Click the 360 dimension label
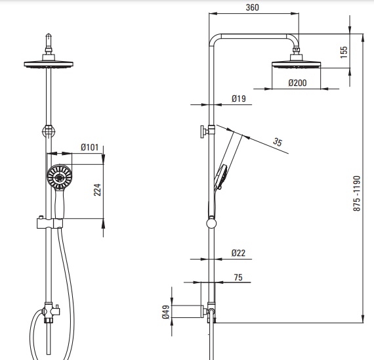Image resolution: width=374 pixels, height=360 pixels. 252,7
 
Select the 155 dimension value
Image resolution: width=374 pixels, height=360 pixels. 344,52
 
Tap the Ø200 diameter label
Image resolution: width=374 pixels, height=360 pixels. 297,83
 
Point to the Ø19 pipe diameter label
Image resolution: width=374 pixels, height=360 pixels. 239,99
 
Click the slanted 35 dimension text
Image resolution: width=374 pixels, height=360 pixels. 278,142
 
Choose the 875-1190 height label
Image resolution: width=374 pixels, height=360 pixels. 357,194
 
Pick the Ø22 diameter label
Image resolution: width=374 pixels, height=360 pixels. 238,253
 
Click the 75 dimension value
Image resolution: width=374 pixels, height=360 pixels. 238,277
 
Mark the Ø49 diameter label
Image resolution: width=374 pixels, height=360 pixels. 166,312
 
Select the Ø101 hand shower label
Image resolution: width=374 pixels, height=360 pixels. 89,147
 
